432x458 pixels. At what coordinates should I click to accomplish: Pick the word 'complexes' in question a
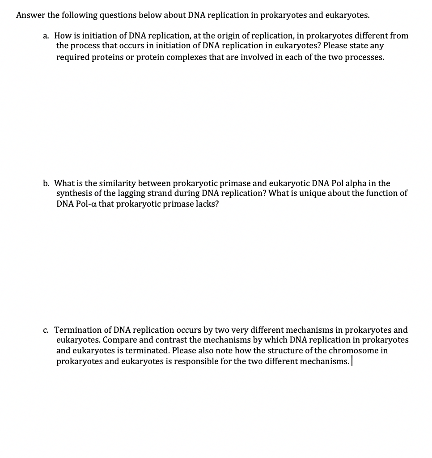pyautogui.click(x=185, y=58)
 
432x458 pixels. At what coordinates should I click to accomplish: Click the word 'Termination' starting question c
pyautogui.click(x=79, y=330)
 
